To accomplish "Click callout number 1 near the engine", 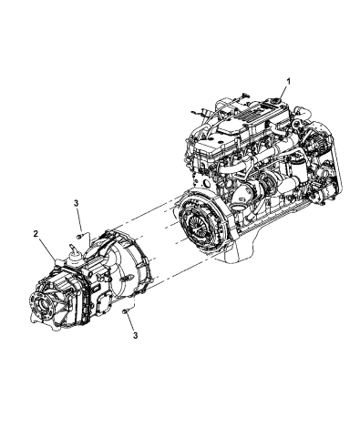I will [x=289, y=81].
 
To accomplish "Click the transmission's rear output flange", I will [x=45, y=299].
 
